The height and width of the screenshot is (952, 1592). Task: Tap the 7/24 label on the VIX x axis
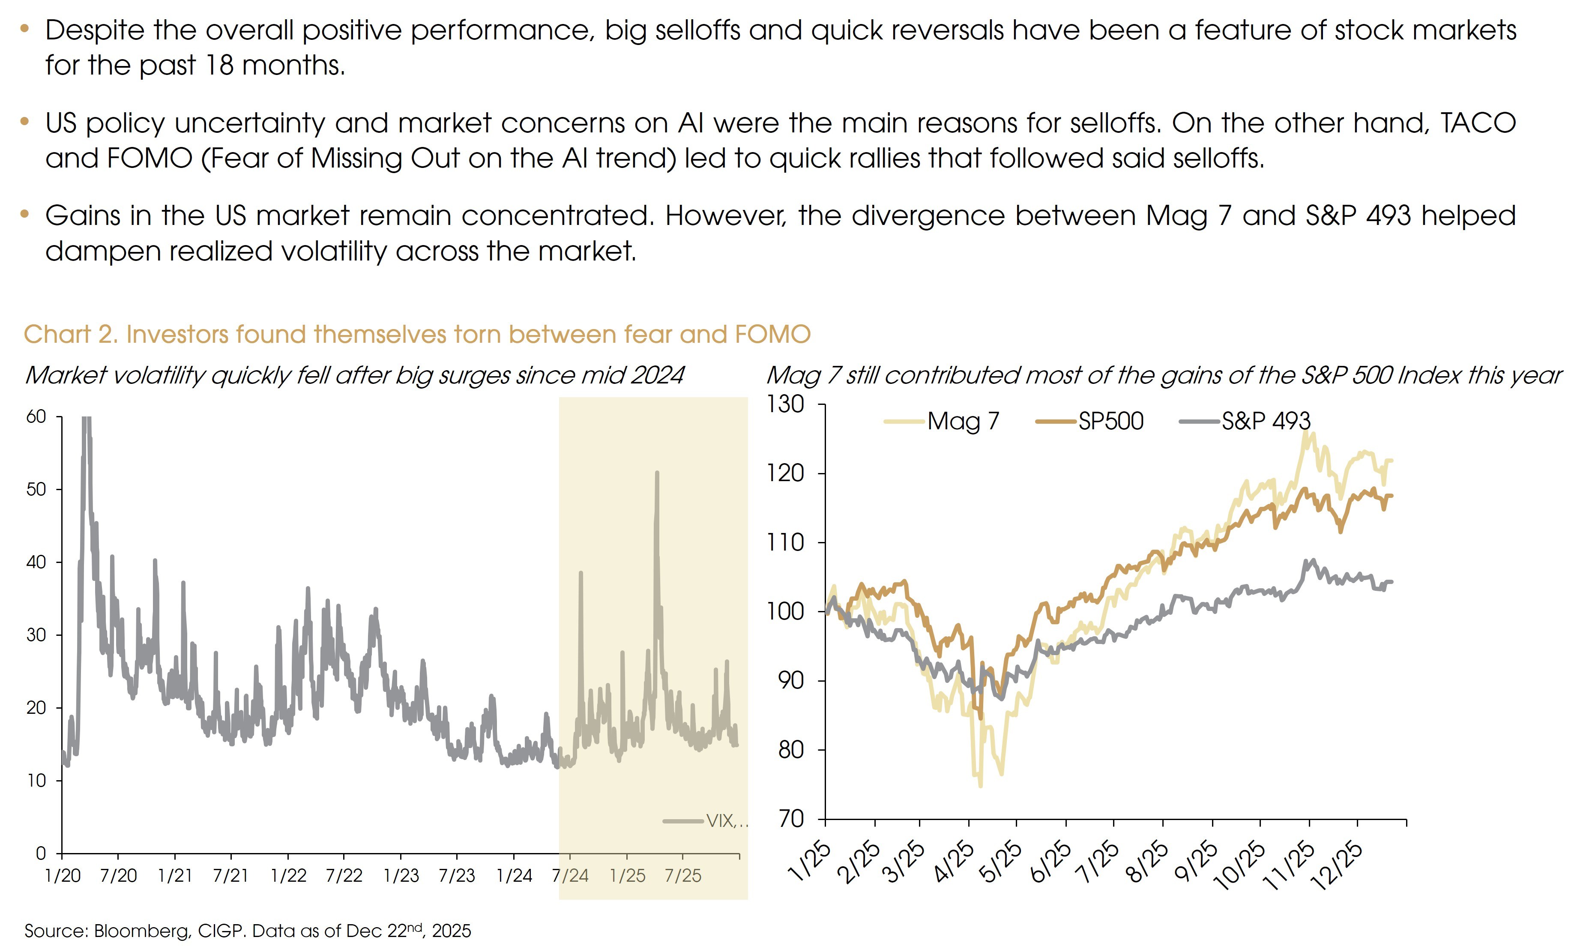tap(570, 876)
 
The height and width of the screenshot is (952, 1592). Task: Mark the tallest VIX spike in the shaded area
tap(657, 473)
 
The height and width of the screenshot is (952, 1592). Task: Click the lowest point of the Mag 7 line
tap(980, 785)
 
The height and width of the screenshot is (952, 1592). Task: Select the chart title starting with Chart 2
tap(417, 334)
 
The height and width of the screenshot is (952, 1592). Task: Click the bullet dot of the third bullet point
tap(24, 214)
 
